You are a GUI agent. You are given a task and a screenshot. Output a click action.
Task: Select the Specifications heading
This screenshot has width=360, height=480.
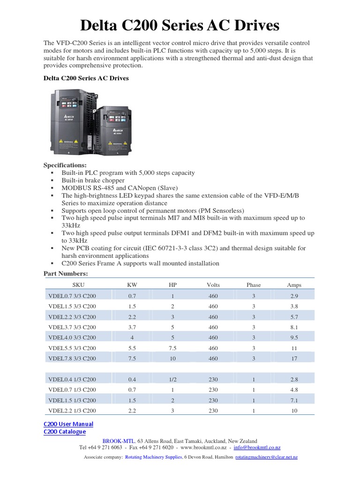[x=65, y=165]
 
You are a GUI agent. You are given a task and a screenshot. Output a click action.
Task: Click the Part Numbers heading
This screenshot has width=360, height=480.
[x=66, y=273]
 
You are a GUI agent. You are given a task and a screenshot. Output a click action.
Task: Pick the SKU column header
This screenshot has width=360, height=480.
[x=79, y=285]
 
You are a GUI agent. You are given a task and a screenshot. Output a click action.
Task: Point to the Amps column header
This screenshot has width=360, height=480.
[x=294, y=285]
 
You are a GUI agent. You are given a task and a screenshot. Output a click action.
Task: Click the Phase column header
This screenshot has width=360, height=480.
[x=254, y=285]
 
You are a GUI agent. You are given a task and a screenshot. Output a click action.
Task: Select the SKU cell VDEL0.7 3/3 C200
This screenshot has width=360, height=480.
[x=72, y=296]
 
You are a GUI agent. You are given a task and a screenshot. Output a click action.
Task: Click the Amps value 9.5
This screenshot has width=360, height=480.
[x=294, y=337]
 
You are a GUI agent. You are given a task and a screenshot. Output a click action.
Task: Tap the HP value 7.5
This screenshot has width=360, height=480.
[x=172, y=348]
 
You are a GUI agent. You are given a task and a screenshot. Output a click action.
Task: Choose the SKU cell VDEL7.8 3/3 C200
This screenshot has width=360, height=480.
[x=72, y=358]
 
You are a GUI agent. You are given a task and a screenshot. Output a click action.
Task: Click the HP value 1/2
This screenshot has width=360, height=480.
[x=172, y=379]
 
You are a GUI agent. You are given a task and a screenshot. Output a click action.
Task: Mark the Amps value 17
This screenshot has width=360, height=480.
[x=294, y=358]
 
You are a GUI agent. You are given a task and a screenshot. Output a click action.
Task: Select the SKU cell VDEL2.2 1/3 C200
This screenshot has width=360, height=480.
[x=72, y=411]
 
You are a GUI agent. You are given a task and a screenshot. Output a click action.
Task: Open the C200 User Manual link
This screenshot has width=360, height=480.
[x=68, y=424]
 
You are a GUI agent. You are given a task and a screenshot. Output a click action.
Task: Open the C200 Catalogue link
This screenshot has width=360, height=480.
[x=65, y=431]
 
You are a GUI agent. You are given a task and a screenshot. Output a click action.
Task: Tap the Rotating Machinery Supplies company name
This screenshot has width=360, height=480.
[x=153, y=457]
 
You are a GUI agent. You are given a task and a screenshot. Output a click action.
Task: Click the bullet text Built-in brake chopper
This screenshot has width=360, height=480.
[x=93, y=180]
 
